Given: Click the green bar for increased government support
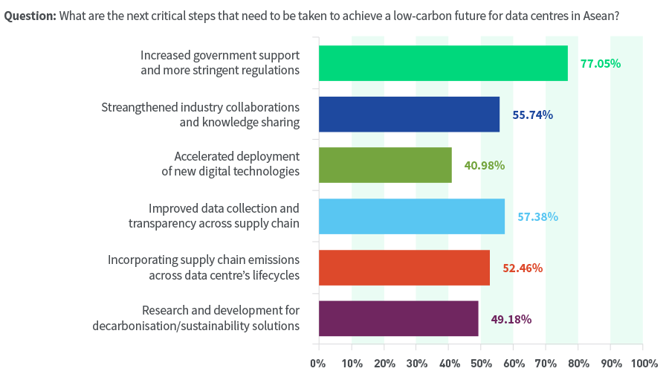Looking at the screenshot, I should point(443,63).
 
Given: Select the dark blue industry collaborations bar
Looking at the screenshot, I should point(409,115).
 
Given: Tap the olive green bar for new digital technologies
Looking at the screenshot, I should point(385,165).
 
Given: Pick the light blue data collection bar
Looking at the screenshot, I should point(411,216).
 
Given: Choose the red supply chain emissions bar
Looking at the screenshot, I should point(404,268).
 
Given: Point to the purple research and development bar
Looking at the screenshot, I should point(398,318).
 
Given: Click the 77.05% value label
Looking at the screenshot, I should point(601,64).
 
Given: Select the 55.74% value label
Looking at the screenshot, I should point(532,115).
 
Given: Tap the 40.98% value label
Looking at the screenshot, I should point(485,166).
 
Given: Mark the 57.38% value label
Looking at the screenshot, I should point(537,217).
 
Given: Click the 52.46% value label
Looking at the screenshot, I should point(523,268).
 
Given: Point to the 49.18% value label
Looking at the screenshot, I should point(511,320).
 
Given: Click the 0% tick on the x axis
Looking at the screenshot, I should point(318,364).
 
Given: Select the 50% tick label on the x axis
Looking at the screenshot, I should point(481,364).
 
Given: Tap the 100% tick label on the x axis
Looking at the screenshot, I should point(641,364).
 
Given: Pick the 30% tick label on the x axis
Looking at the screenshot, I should point(416,364).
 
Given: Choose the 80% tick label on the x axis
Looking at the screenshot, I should point(578,364).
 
